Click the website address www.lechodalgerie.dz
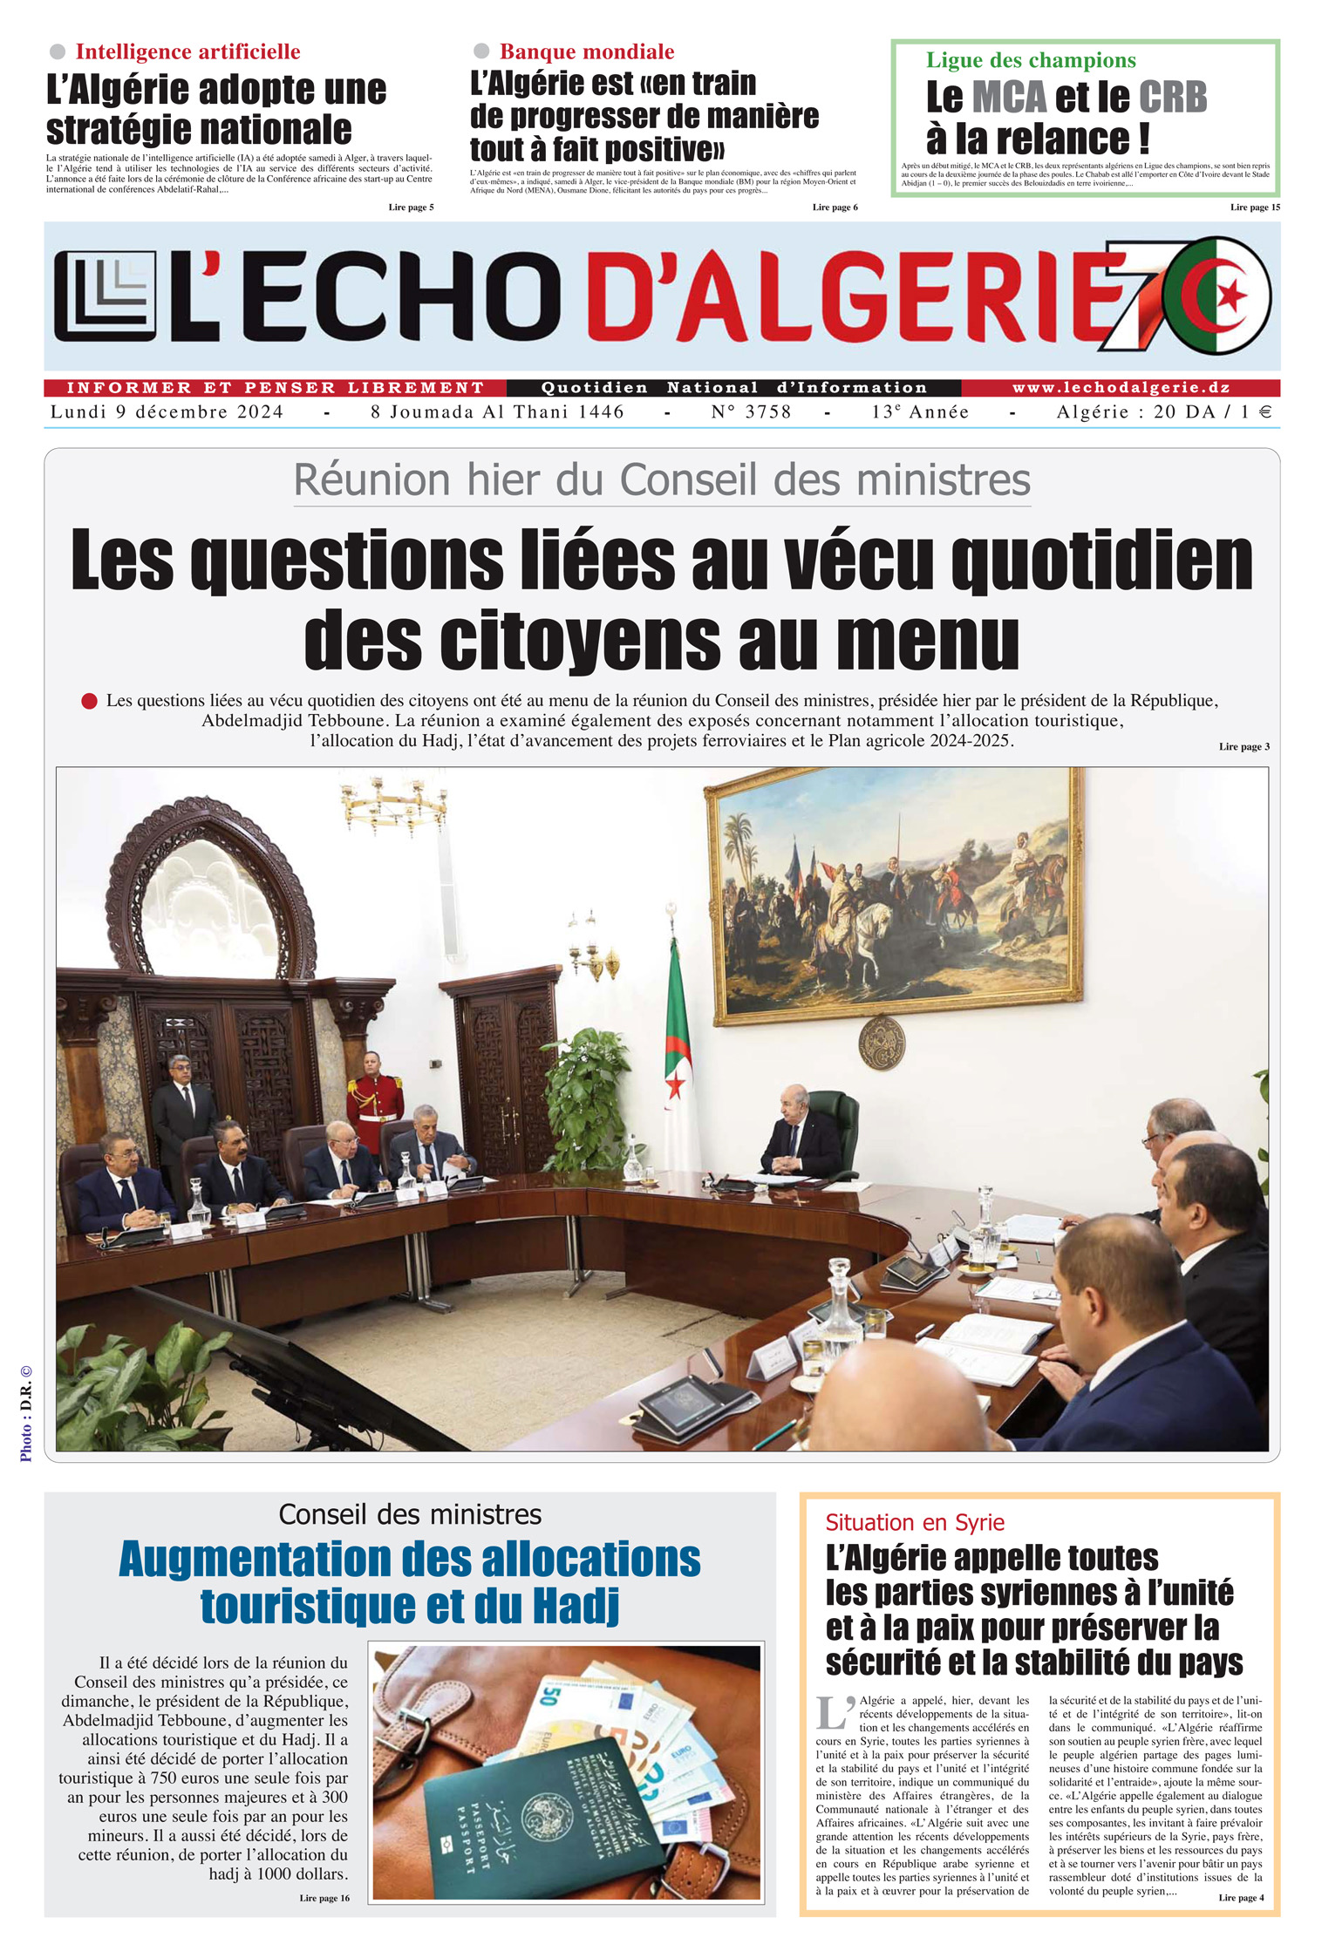pos(1121,388)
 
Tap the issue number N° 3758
pos(751,412)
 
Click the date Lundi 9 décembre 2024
pos(167,412)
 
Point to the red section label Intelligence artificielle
pos(187,52)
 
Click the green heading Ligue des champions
pos(1031,60)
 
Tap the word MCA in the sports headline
pos(1009,98)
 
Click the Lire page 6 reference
pos(835,207)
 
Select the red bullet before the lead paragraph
pos(89,701)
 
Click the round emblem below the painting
pos(881,1044)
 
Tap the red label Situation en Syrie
pos(915,1523)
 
